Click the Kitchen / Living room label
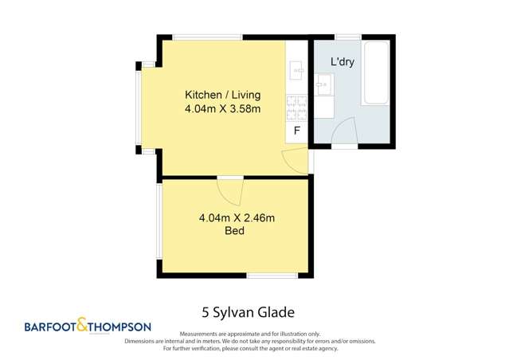tap(222, 94)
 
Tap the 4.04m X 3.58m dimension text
tap(222, 108)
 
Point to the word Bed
tap(234, 231)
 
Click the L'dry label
tap(343, 61)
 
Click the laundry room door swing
tap(344, 132)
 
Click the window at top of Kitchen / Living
tap(207, 37)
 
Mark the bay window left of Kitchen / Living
tap(139, 108)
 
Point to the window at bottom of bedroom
tap(272, 276)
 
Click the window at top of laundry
tap(347, 37)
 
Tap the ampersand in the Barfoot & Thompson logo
tap(82, 326)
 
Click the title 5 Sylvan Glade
tap(254, 311)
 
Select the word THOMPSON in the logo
tap(119, 327)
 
